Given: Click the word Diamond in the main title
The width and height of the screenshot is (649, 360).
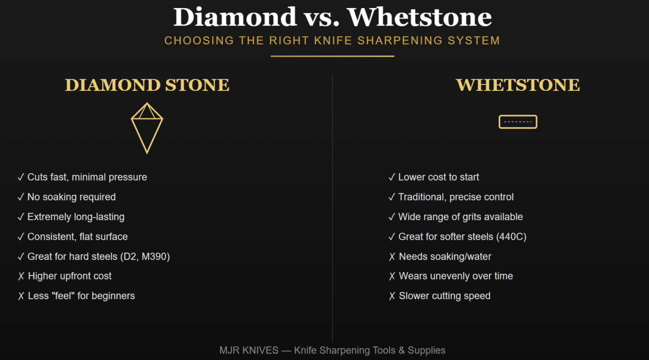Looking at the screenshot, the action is [235, 17].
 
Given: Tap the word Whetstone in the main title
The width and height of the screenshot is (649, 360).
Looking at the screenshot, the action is [419, 17].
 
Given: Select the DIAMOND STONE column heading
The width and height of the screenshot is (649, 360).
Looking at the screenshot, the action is [147, 85].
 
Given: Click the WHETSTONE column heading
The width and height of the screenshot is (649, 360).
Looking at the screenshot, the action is [518, 85].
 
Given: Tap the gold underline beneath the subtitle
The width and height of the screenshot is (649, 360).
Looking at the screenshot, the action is [332, 56].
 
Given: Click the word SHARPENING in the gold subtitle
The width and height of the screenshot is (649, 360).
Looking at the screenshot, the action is [400, 40].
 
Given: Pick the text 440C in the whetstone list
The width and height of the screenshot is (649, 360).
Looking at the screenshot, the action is [511, 237].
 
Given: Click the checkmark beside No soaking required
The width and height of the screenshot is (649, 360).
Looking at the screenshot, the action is [20, 197].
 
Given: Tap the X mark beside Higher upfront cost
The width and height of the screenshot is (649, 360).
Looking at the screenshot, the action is [21, 276].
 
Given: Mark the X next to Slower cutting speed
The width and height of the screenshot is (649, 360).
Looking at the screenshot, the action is [392, 296].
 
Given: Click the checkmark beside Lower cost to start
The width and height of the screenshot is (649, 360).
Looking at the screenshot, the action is [391, 177].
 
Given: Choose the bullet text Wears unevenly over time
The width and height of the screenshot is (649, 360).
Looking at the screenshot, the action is [456, 276].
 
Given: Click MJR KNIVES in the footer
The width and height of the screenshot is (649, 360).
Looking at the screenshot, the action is [249, 351].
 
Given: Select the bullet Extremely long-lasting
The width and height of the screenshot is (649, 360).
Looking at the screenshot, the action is [76, 217].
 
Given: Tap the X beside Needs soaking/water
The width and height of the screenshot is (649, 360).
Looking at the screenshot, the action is [392, 257].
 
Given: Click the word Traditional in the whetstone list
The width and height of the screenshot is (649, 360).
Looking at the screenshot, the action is [422, 197].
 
